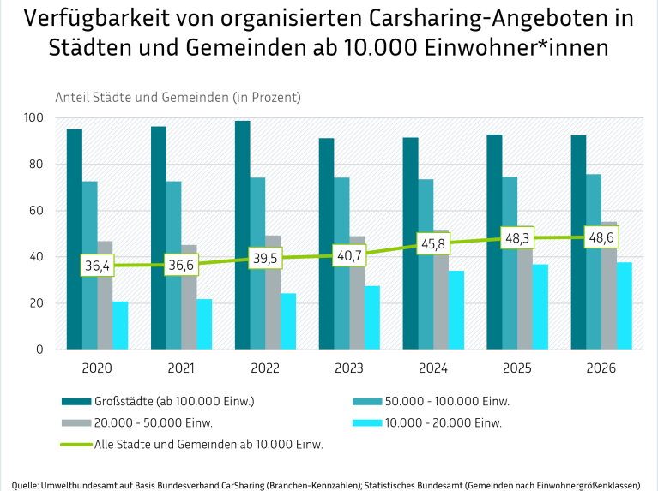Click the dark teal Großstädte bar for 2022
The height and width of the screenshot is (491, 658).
pos(243,236)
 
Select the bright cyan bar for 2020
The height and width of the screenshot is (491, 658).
pos(120,326)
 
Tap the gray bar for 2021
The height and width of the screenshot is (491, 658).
pos(189,297)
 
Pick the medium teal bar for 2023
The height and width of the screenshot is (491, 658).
pos(341,263)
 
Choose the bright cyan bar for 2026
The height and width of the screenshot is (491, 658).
pos(625,306)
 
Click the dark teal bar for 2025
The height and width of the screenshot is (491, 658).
pos(494,242)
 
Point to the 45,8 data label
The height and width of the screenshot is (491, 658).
pos(433,243)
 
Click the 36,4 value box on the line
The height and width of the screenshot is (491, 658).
pos(97,266)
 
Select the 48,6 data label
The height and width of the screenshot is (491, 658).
pos(601,237)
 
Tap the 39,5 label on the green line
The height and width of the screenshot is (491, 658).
pos(265,258)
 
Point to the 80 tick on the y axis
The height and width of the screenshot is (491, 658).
pos(37,164)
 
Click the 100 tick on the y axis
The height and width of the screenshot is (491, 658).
pos(33,117)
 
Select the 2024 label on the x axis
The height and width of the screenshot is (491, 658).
pos(433,368)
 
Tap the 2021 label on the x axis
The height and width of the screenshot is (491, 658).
pos(181,368)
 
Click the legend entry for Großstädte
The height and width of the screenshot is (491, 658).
pos(158,401)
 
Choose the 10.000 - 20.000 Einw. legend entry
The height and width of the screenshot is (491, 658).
pos(427,422)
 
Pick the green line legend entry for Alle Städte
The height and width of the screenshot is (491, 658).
pos(192,444)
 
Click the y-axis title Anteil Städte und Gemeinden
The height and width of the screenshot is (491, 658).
pos(178,98)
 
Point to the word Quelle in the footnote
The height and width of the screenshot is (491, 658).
pos(24,486)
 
